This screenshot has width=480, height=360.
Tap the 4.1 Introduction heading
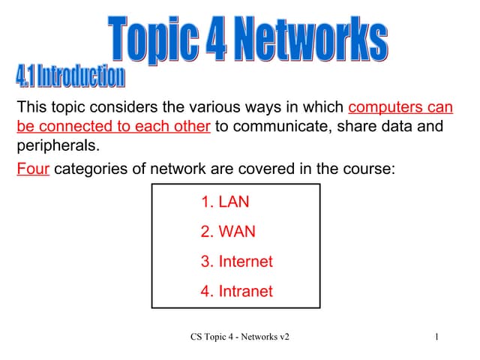click(70, 76)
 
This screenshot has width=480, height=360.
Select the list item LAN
click(225, 202)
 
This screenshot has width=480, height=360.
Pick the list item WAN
click(228, 232)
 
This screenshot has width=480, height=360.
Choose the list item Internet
click(237, 262)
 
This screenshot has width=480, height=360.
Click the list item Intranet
click(237, 291)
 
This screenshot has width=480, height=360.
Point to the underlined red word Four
click(32, 169)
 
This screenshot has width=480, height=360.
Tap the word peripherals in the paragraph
click(57, 144)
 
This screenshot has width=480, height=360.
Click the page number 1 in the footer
click(436, 337)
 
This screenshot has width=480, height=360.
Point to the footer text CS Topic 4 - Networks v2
click(240, 337)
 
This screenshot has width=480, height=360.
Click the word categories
click(89, 169)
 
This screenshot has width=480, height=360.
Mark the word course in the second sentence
click(367, 169)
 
